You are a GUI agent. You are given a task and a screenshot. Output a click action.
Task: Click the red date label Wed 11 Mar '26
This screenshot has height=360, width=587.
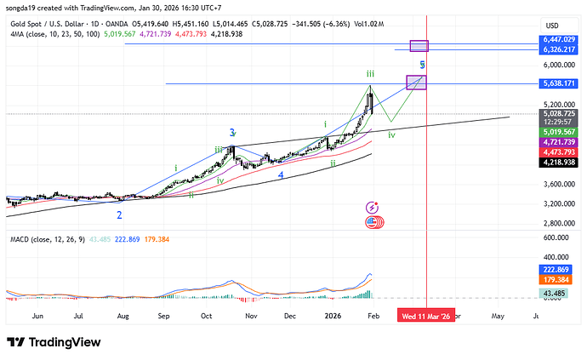coord(427,315)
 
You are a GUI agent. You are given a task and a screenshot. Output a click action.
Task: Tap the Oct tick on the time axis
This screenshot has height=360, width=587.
coord(206,315)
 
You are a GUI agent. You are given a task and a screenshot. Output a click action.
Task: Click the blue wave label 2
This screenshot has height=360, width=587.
coord(120,215)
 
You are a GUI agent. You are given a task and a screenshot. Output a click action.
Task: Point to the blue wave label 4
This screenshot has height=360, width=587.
coord(281,174)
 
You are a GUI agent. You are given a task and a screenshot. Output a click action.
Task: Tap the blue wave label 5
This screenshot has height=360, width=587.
coord(422,65)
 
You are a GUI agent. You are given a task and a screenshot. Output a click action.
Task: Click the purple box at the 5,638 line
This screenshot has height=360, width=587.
coord(417,83)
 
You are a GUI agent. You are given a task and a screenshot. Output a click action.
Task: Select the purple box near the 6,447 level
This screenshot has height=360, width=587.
coord(419,45)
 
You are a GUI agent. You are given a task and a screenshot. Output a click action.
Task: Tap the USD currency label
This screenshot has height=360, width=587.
coord(552,25)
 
